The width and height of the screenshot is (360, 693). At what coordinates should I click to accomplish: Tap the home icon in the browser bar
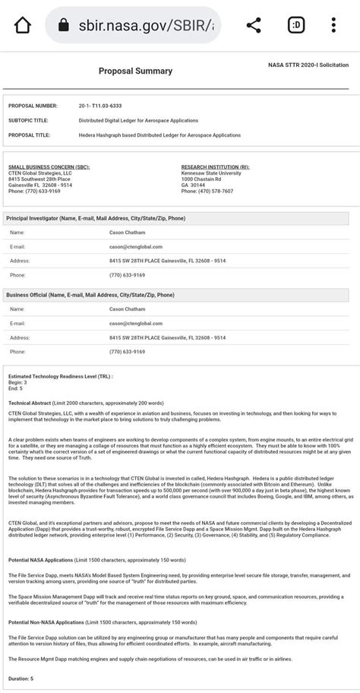(x=23, y=25)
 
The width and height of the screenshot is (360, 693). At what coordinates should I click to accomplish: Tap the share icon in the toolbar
(x=254, y=25)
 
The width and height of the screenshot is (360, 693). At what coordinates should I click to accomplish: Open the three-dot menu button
(x=333, y=25)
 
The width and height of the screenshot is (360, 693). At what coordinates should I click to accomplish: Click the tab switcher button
(x=296, y=25)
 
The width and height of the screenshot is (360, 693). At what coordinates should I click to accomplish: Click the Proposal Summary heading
(x=135, y=71)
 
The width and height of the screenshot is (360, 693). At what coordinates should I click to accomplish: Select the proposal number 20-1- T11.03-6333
(x=110, y=106)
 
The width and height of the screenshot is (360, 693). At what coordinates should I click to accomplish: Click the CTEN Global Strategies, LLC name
(x=39, y=172)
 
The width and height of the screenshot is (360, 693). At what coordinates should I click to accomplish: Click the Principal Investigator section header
(x=96, y=218)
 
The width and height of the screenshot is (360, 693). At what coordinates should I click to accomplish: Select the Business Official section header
(x=90, y=294)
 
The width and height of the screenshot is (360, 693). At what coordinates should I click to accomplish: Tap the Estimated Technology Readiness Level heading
(x=60, y=376)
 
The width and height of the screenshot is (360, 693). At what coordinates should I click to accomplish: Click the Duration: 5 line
(x=21, y=678)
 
